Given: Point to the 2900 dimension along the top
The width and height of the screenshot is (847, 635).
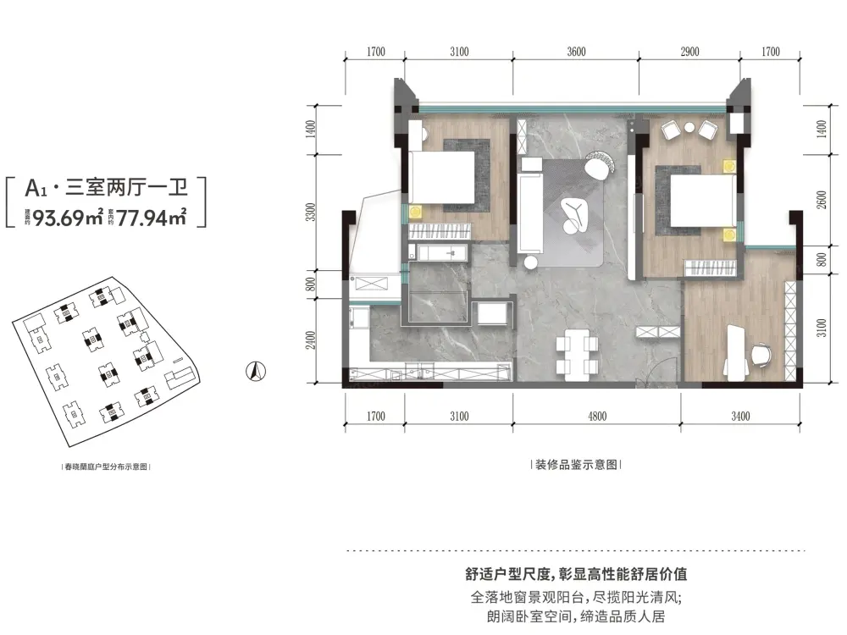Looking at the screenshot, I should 689,52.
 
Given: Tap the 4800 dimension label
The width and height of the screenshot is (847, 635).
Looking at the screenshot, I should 597,416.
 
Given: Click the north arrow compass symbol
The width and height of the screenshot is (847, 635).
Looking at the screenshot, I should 255,370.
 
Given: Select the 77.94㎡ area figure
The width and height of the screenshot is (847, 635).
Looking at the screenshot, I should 152,215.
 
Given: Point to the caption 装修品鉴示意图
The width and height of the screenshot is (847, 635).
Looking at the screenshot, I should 576,465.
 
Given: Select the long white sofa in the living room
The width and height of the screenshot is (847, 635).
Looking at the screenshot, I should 531,215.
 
